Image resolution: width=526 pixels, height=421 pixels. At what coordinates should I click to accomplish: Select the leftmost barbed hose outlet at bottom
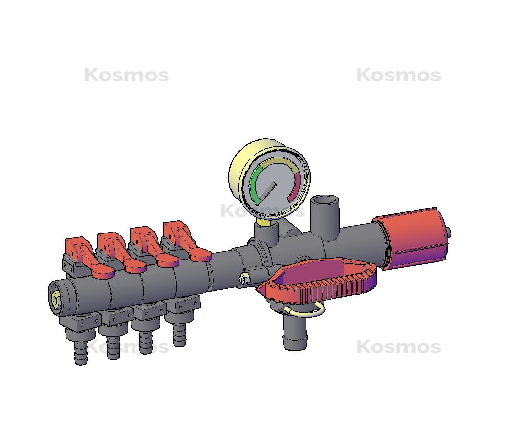81,352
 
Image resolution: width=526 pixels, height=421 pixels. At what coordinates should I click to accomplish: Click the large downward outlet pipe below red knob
295,335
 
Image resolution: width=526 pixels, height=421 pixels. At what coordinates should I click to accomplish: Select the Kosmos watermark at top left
127,75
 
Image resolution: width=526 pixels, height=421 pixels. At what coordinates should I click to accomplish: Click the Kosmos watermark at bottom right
398,347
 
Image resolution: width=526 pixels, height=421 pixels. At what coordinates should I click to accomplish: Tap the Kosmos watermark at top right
398,75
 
